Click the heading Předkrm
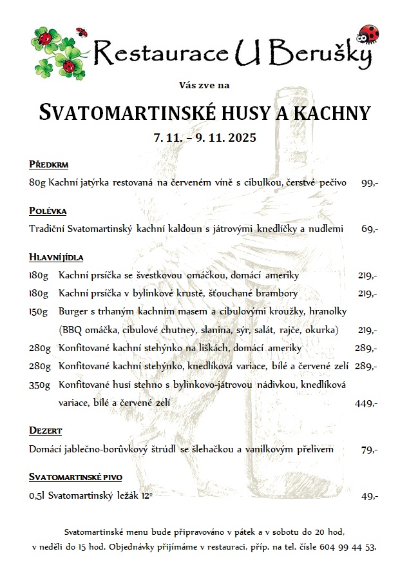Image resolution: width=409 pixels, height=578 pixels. [48, 164]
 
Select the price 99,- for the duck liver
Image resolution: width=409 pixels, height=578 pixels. [369, 183]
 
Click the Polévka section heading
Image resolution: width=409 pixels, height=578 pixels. [48, 211]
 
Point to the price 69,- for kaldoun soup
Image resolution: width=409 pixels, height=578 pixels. [370, 229]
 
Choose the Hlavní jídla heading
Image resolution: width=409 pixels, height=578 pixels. [56, 257]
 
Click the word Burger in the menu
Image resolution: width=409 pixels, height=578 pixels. [72, 311]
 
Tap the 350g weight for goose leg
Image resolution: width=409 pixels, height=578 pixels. [39, 385]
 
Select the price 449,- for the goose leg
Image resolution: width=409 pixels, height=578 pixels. [366, 403]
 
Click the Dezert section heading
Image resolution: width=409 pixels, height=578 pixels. [45, 430]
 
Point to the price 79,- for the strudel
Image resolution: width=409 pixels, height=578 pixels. [369, 450]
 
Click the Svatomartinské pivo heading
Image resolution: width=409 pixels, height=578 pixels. [75, 477]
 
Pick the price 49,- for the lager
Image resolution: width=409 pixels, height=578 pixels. [369, 496]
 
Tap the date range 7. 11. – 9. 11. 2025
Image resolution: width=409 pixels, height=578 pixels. [205, 137]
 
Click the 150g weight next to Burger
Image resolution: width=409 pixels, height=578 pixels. [39, 311]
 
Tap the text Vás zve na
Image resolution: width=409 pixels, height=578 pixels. [204, 84]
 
